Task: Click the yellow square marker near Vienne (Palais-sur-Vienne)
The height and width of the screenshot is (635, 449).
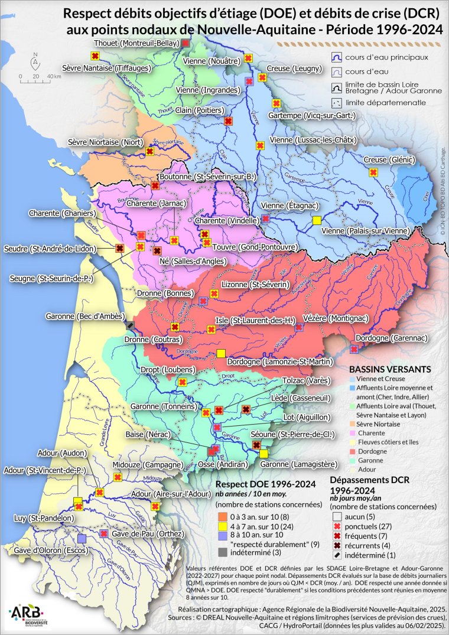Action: tap(317, 220)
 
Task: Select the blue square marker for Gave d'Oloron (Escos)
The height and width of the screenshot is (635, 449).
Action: tap(82, 538)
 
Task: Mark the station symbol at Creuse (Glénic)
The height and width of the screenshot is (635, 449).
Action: tap(373, 172)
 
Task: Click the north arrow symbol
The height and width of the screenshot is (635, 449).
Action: tap(35, 61)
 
